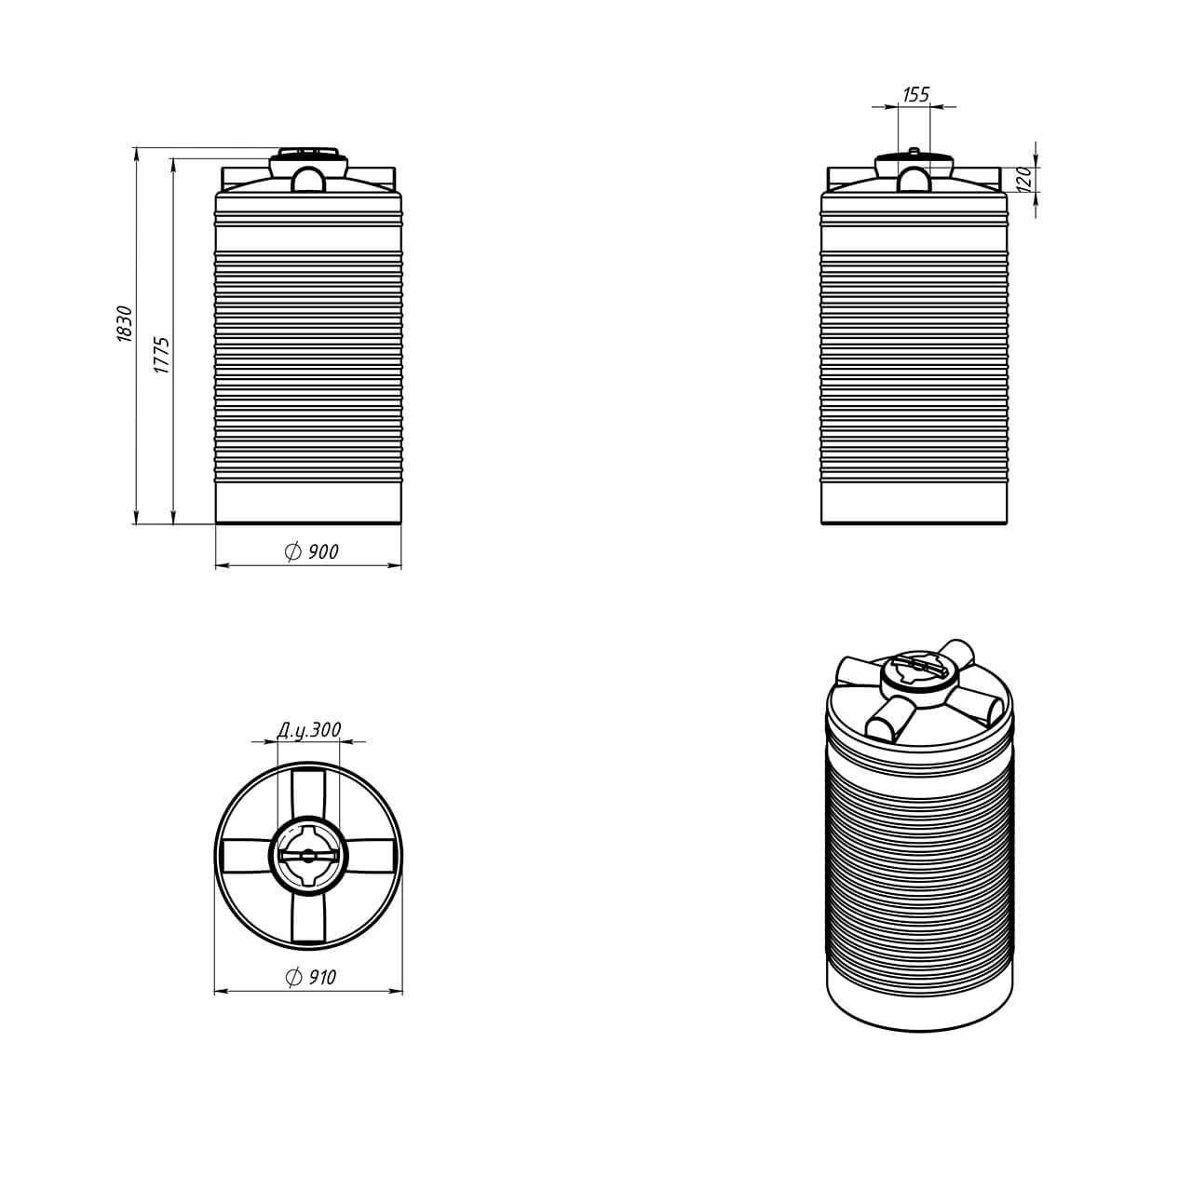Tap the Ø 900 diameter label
311,551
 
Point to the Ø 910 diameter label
310,977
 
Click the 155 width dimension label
915,94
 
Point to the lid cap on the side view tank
914,155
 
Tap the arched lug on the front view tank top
308,179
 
